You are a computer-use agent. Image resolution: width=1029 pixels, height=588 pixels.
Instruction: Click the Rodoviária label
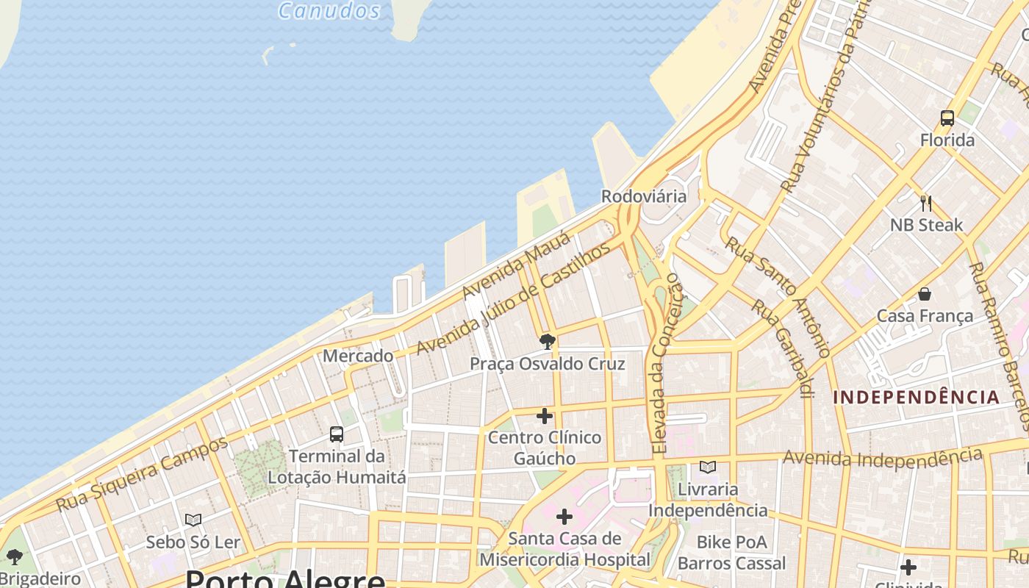[644, 196]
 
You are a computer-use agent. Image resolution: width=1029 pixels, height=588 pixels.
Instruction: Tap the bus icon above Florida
[947, 118]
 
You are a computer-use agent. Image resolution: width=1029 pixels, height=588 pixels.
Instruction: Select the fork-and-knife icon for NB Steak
[926, 203]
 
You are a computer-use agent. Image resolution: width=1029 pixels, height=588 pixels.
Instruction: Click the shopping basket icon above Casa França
[925, 294]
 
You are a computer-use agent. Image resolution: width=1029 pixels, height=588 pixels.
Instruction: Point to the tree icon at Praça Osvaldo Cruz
[547, 342]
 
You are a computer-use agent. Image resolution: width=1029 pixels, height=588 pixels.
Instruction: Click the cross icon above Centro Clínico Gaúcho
[545, 416]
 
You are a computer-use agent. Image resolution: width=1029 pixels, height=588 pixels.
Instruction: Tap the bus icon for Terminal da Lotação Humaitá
[337, 434]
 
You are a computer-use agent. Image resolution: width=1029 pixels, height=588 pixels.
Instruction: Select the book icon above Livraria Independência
[708, 467]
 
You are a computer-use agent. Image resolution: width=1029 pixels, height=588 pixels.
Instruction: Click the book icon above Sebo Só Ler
[193, 520]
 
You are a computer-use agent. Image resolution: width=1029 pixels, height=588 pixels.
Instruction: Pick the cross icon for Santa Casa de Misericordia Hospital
[564, 517]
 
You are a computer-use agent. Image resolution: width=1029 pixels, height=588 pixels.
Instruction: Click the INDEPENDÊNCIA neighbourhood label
[917, 398]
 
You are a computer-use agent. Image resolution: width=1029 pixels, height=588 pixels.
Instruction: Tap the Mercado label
[358, 356]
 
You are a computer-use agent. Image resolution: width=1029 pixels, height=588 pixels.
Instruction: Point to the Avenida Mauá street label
[516, 265]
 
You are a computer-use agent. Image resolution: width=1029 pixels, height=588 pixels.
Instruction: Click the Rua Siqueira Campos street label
[143, 475]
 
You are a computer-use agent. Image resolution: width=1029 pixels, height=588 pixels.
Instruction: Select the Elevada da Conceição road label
[667, 363]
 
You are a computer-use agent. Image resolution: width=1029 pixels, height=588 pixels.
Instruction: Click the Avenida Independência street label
[882, 459]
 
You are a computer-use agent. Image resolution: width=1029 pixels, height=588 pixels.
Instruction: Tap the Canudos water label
[329, 10]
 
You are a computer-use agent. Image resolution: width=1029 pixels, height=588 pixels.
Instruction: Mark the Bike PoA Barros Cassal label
[731, 553]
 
